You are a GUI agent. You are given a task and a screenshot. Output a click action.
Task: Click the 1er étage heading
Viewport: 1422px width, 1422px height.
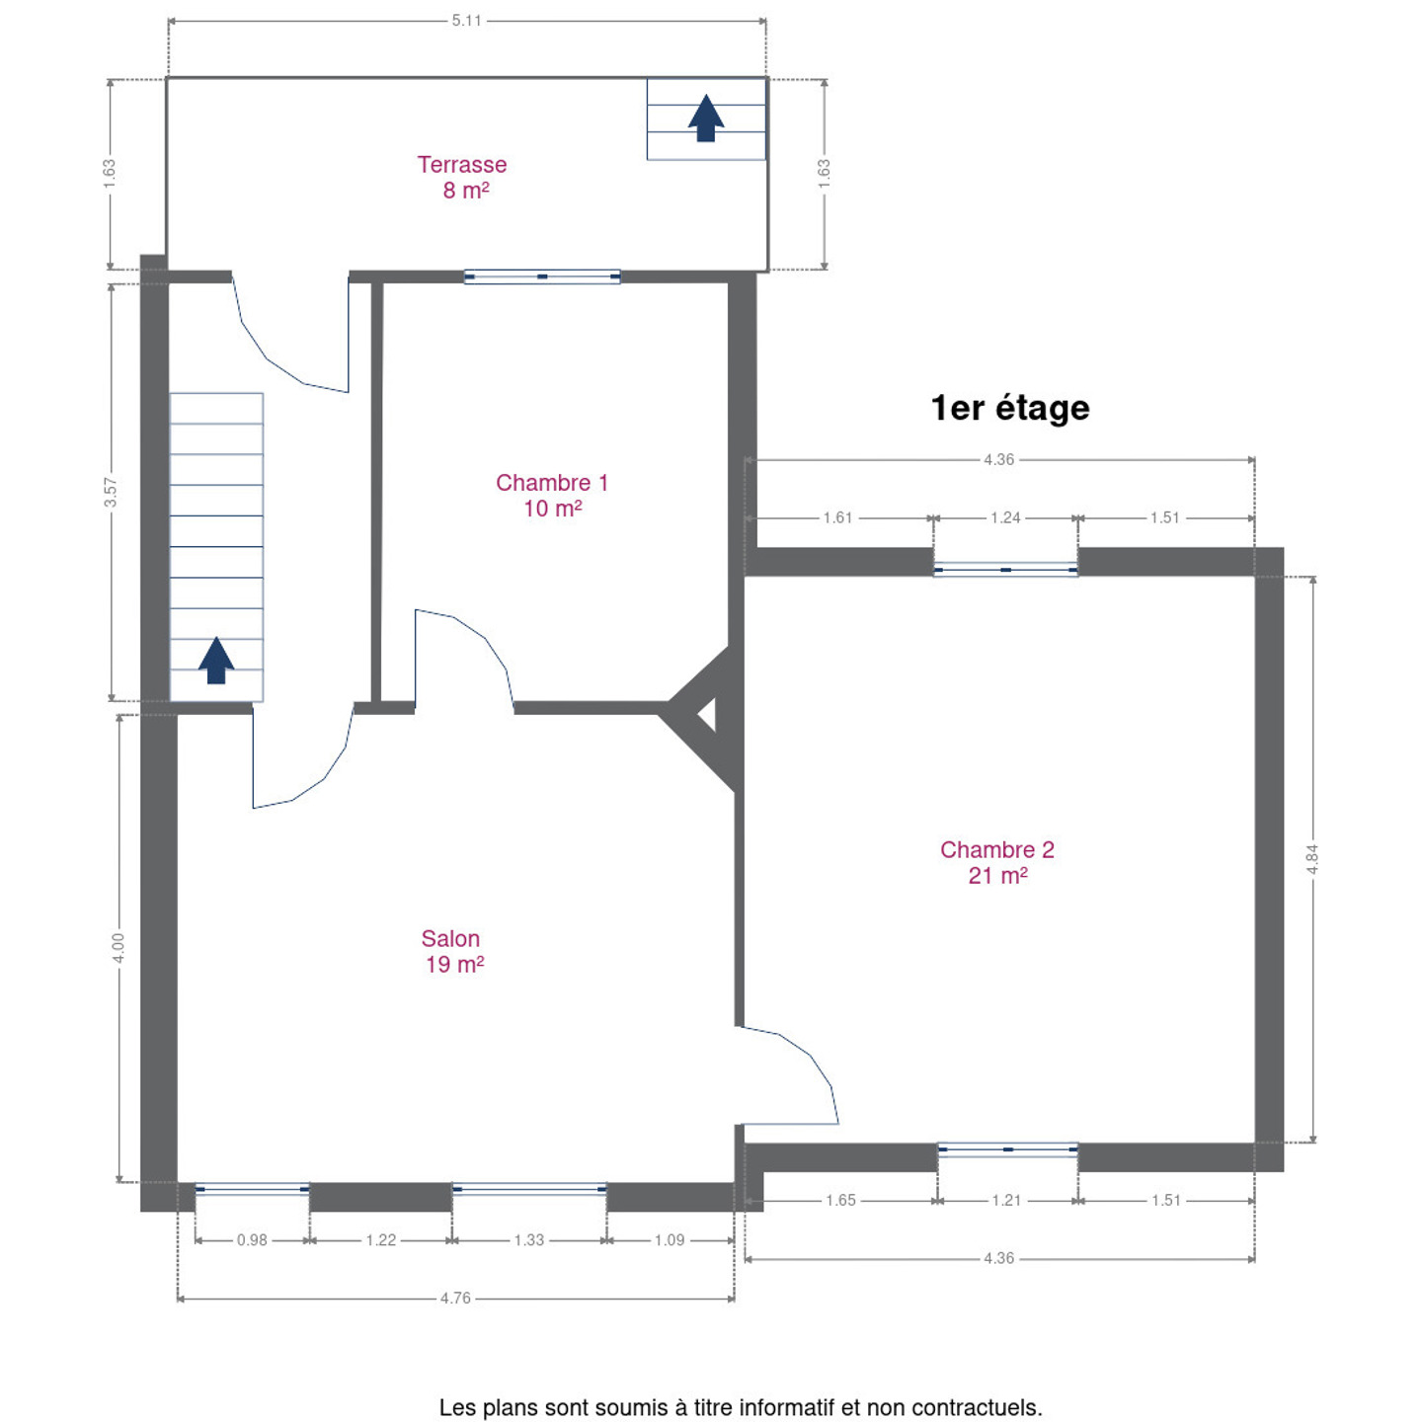(1010, 408)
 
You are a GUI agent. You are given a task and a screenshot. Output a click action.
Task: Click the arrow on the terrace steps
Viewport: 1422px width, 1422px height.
(706, 118)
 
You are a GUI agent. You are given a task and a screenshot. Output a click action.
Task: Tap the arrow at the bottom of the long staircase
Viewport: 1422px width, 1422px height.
(216, 660)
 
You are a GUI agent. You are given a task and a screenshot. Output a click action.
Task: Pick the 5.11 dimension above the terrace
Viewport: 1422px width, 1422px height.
(466, 21)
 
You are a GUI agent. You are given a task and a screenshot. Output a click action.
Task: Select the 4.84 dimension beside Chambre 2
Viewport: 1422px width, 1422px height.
(1312, 858)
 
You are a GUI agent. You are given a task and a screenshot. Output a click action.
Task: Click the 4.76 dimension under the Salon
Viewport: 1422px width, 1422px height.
(455, 1298)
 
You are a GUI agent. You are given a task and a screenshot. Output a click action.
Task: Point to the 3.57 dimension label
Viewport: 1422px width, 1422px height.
(110, 492)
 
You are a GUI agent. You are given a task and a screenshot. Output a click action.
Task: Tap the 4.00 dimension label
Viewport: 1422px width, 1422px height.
(118, 948)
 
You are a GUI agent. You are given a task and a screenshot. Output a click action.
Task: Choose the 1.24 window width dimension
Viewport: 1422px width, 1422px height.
(1005, 518)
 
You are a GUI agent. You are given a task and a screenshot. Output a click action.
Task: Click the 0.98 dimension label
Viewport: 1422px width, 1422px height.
(252, 1239)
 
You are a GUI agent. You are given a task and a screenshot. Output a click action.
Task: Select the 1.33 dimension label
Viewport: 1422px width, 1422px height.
(529, 1239)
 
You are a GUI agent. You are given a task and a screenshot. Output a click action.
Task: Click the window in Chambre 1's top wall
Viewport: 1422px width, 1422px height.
(542, 276)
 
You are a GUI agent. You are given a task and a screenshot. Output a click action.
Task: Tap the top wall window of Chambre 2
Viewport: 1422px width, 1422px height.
(1005, 569)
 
